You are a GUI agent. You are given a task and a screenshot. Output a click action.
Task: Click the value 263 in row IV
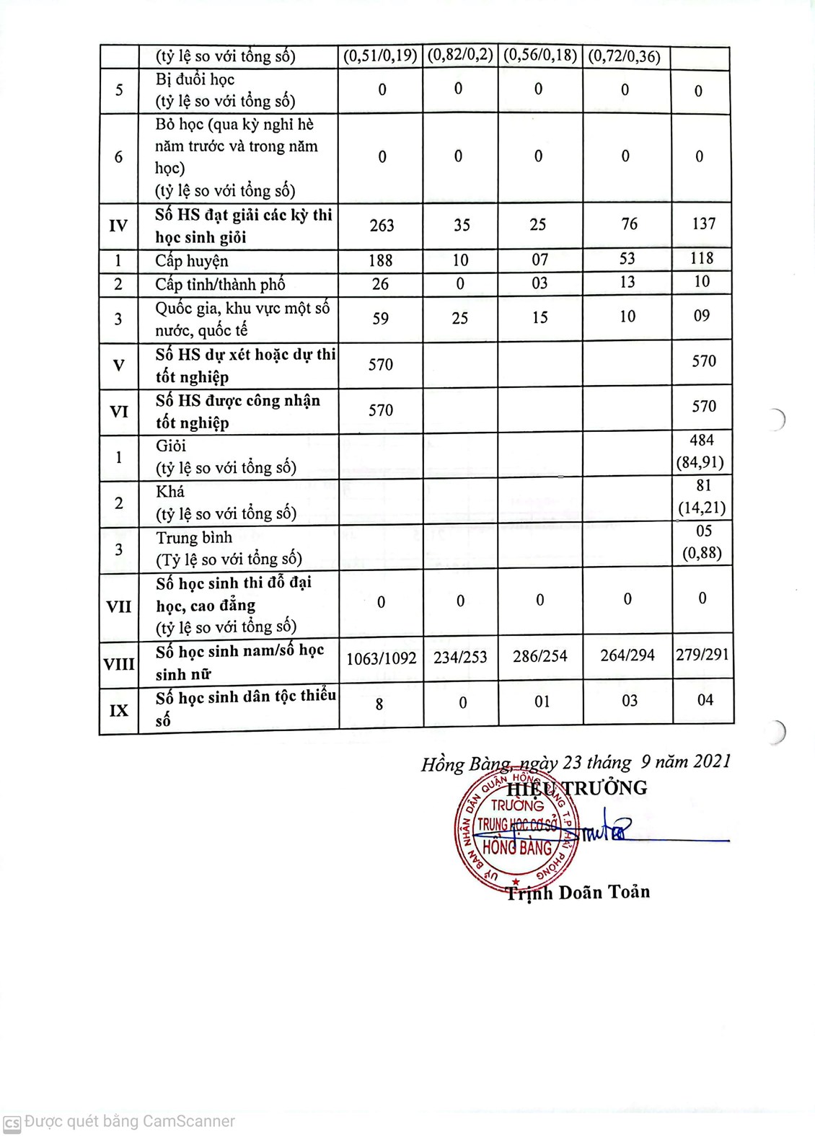point(382,226)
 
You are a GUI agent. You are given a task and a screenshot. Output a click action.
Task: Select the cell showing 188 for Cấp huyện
point(380,260)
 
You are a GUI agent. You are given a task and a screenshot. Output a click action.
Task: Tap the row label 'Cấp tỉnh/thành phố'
point(220,284)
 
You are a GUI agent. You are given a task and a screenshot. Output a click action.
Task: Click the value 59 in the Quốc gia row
point(380,319)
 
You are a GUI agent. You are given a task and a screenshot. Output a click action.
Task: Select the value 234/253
point(460,657)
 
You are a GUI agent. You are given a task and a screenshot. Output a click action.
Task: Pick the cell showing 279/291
point(702,655)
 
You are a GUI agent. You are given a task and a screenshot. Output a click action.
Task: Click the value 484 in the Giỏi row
point(702,440)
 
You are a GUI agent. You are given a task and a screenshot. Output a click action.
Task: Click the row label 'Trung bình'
point(194,538)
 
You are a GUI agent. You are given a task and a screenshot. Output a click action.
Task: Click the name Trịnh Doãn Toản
point(578,893)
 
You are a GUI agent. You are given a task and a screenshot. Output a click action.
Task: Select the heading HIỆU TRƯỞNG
point(577,788)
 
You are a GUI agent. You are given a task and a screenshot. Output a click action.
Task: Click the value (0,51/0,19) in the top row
point(380,56)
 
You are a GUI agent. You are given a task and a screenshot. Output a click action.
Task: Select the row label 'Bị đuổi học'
point(195,79)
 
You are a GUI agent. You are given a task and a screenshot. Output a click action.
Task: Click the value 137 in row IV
point(703,224)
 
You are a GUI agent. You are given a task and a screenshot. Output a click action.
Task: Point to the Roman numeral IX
point(119,710)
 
